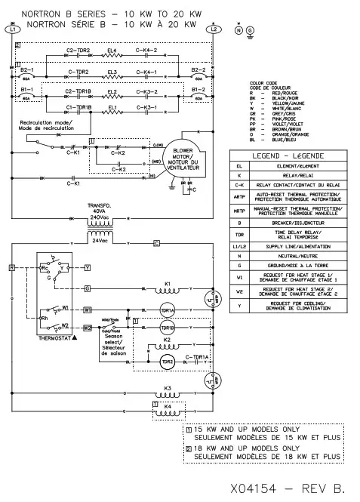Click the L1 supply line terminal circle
click(11, 29)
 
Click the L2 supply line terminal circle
click(214, 29)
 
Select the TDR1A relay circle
click(168, 310)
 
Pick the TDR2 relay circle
click(168, 362)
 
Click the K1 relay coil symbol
click(168, 290)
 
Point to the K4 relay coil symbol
click(168, 413)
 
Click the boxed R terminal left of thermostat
click(12, 267)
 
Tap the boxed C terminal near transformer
click(156, 242)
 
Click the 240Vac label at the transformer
click(100, 216)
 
